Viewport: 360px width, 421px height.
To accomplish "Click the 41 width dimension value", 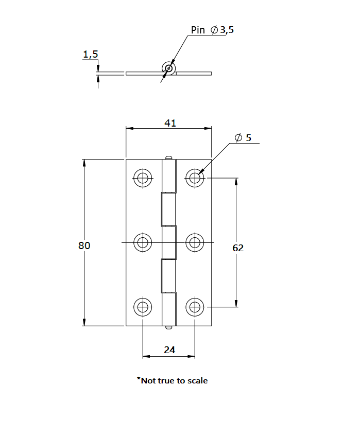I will click(170, 122).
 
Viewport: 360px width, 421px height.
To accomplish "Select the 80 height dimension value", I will click(84, 245).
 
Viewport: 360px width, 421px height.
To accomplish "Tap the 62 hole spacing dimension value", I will click(238, 248).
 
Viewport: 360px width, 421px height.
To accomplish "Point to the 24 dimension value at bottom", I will click(169, 349).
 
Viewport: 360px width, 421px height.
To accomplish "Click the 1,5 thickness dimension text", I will click(90, 54).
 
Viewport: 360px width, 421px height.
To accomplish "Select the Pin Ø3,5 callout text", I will click(212, 30).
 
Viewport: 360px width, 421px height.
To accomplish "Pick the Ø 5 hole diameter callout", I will click(243, 137).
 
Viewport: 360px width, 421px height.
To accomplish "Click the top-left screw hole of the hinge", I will click(143, 178).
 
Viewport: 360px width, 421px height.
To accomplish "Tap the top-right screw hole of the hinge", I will click(195, 178).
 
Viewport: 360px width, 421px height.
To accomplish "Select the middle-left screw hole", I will click(143, 242).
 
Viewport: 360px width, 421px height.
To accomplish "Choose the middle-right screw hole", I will click(195, 242).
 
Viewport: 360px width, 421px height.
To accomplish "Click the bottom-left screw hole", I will click(143, 307).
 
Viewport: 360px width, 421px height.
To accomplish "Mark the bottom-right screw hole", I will click(195, 307).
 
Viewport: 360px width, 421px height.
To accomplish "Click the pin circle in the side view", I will click(168, 68).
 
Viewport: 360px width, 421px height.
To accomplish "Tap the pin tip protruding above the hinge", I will click(168, 157).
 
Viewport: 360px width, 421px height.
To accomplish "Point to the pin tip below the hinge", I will click(168, 327).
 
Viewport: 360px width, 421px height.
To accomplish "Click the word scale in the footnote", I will click(198, 381).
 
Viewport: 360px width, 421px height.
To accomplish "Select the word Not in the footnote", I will click(148, 381).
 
